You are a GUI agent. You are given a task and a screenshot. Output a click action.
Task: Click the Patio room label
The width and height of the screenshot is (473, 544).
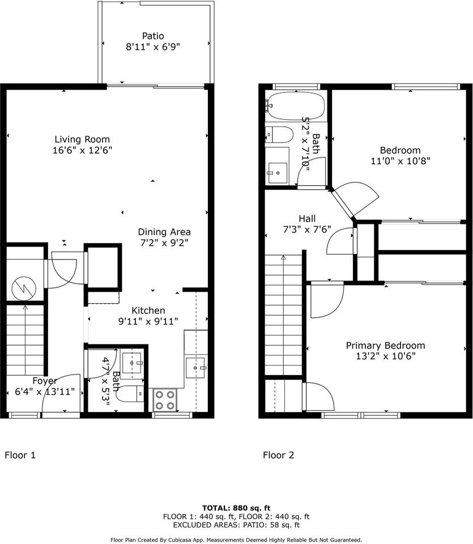[x=153, y=36]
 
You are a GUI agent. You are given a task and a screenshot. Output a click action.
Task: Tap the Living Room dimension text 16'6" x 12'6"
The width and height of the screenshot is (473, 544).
[x=82, y=150]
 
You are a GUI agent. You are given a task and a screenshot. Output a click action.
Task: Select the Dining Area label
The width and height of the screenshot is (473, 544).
[x=164, y=232]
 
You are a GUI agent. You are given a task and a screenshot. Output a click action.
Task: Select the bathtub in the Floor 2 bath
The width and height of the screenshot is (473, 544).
[x=296, y=106]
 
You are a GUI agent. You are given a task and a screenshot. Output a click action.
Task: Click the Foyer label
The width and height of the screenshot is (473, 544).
[x=44, y=381]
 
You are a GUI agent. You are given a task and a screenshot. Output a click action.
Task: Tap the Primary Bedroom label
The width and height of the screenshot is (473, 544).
[x=385, y=346]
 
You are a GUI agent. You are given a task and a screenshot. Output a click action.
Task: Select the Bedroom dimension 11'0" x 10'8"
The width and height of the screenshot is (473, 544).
[x=400, y=160]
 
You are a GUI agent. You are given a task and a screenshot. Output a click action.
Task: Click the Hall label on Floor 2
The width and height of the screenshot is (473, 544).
[x=307, y=219]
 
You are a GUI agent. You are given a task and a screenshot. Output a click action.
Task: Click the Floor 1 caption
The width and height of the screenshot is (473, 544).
[x=20, y=455]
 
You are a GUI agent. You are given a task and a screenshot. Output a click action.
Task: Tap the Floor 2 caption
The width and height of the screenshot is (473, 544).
[x=278, y=455]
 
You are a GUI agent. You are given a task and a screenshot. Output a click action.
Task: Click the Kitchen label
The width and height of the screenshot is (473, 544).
[x=148, y=311]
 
